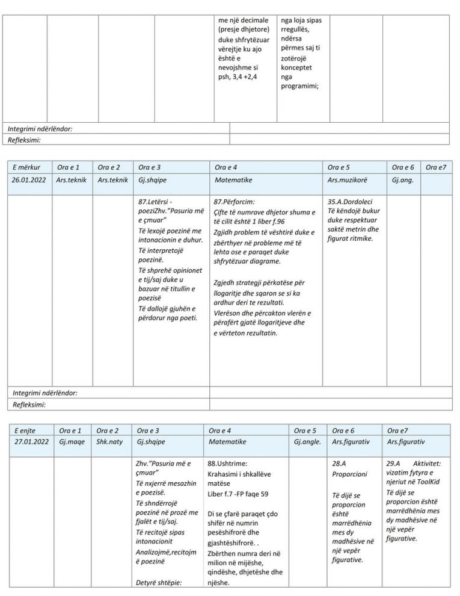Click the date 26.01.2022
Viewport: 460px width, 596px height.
pos(30,180)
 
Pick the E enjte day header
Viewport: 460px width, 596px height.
pos(25,430)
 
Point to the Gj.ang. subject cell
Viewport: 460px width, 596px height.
pos(402,180)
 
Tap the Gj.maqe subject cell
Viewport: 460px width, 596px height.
pos(70,441)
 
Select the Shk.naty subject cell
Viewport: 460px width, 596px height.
pos(109,441)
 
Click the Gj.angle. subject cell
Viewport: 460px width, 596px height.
pos(307,441)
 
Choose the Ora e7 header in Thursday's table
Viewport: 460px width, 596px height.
pos(397,430)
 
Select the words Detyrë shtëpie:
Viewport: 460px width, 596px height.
pos(159,582)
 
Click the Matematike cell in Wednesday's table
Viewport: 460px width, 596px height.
pos(233,180)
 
